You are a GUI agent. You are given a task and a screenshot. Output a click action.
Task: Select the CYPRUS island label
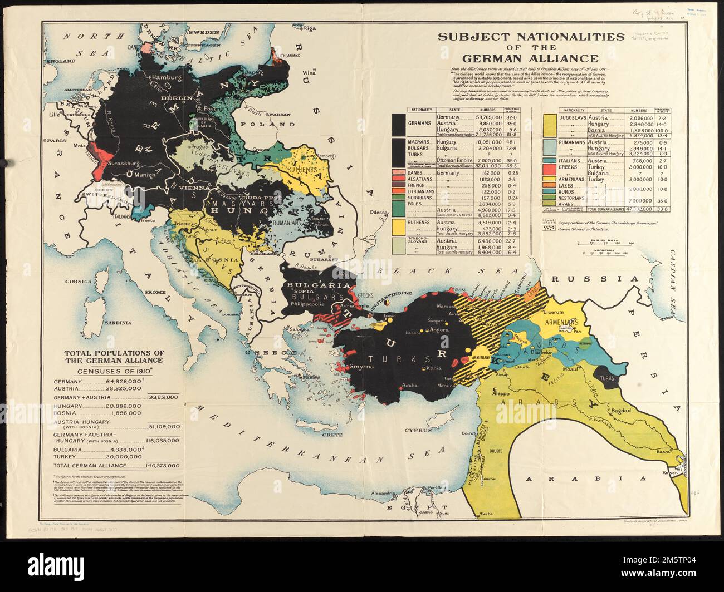click(x=418, y=430)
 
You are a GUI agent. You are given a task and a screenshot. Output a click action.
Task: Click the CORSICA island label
click(x=78, y=282)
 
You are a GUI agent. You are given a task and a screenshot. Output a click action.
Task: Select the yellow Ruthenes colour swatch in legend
click(x=398, y=226)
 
